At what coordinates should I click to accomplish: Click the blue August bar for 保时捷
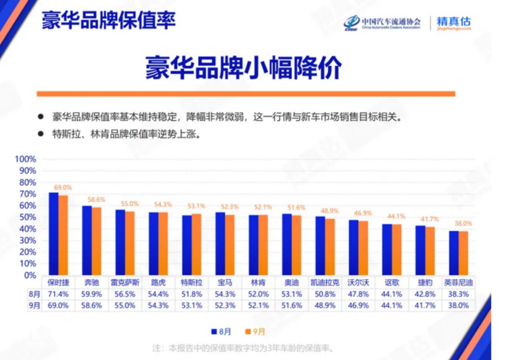coord(54,234)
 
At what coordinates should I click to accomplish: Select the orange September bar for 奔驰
coord(96,242)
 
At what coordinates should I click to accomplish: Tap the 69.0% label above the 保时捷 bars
coord(63,187)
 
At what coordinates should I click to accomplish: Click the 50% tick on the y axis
coord(28,217)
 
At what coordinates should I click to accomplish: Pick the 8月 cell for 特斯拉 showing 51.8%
coord(191,294)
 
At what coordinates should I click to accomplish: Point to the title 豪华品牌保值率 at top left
coord(108,20)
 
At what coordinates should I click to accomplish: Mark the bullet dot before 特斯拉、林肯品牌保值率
coord(41,133)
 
